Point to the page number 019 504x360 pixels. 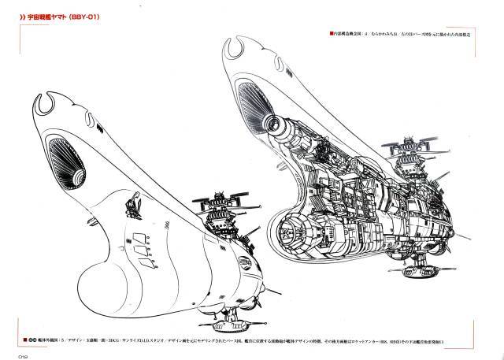13,353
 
